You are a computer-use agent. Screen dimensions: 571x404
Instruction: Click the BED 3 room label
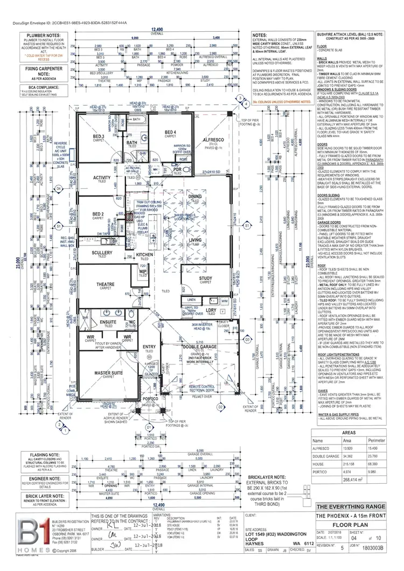click(x=99, y=137)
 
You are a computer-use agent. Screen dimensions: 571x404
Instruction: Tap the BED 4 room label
click(x=170, y=132)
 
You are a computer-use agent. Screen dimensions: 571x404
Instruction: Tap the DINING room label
click(x=195, y=197)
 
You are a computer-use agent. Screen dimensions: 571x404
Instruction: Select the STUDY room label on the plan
click(x=205, y=278)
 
